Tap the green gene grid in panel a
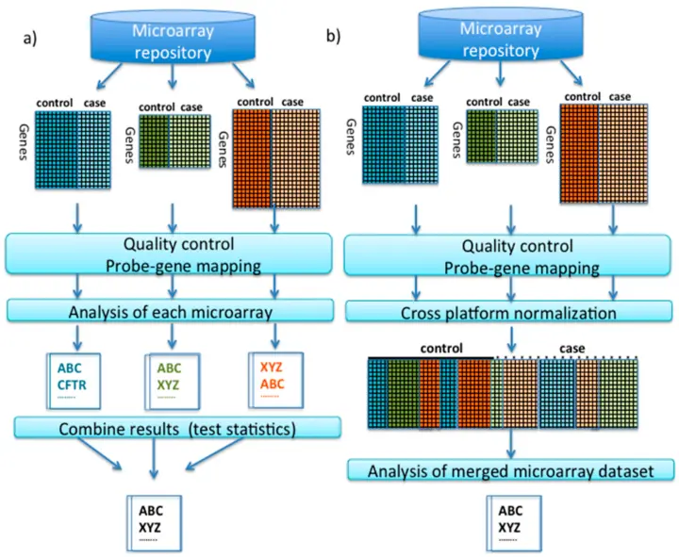tap(172, 142)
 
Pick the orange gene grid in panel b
tap(597, 155)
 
